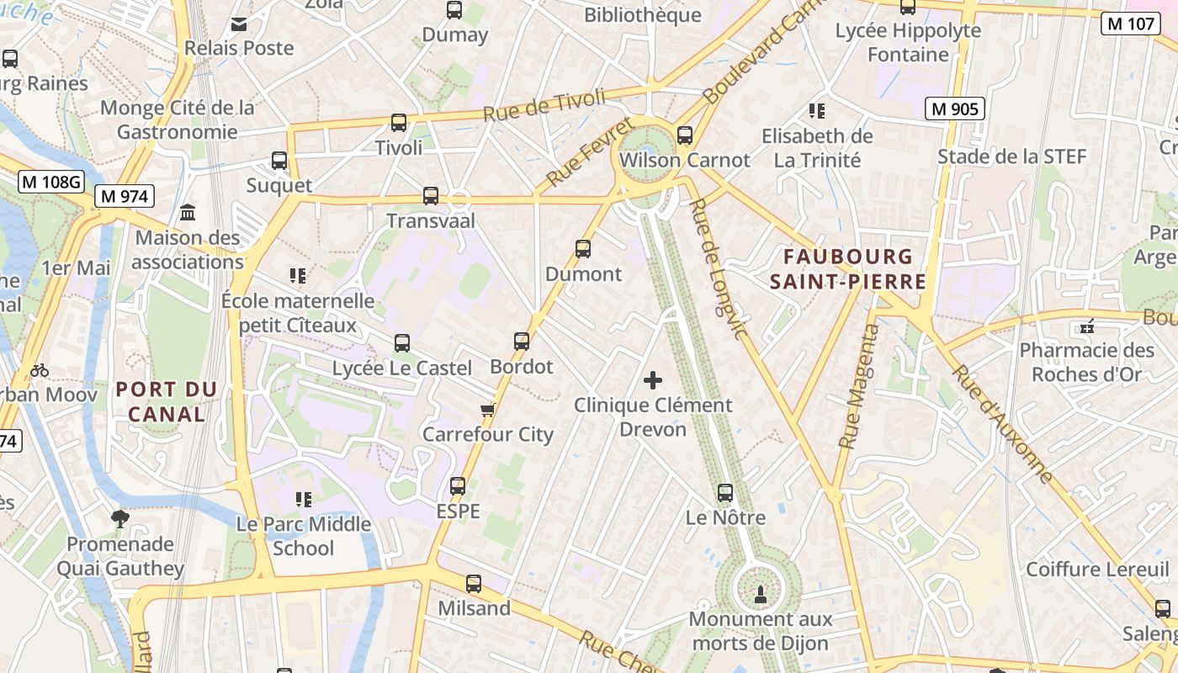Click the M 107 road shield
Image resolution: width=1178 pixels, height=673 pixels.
1131,24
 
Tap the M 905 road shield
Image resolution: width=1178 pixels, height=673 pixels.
954,109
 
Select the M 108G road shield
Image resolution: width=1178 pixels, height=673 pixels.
52,181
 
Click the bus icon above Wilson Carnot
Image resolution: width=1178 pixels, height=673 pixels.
685,135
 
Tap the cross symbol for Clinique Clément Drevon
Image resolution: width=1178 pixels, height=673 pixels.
653,380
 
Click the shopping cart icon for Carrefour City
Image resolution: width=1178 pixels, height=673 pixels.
487,410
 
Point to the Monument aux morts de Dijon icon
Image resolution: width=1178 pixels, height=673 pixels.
760,595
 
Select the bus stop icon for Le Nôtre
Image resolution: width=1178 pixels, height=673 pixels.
725,493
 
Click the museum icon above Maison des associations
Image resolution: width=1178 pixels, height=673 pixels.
188,213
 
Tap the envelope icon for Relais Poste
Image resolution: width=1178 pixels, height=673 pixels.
239,24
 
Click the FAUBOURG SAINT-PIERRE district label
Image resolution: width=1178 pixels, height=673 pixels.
848,268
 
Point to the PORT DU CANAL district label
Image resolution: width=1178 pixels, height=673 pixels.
167,401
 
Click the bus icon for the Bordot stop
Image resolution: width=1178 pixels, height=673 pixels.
522,342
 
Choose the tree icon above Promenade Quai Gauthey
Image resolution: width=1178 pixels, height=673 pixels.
120,518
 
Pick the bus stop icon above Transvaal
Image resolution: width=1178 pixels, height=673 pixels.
431,196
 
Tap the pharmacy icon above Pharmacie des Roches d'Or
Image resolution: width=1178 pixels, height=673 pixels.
1087,326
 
